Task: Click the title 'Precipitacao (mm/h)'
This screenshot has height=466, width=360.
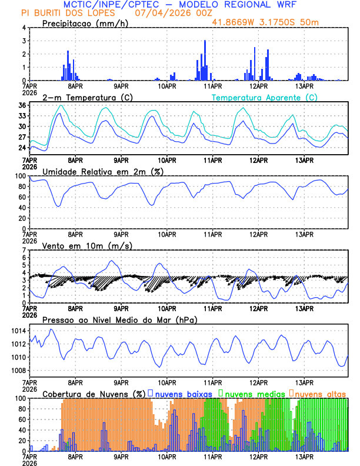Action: [x=81, y=24]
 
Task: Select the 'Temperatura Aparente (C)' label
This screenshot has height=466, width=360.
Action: [x=264, y=98]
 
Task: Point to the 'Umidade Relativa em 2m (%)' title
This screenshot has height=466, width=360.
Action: [x=102, y=171]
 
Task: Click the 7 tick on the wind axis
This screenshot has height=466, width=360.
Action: [x=24, y=250]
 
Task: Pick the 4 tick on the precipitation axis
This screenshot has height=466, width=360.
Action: [x=24, y=28]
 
